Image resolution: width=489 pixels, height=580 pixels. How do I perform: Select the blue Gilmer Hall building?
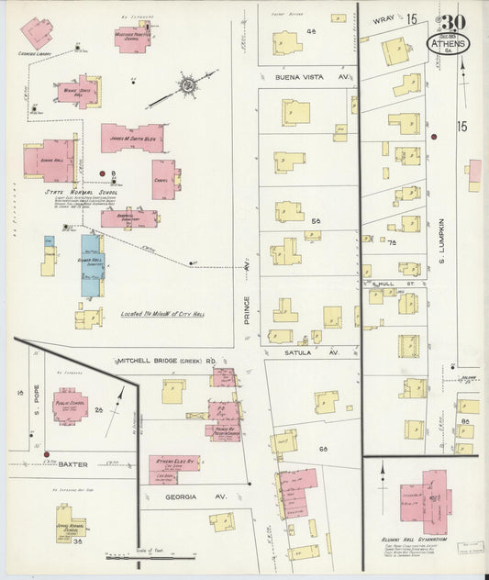pyautogui.click(x=91, y=264)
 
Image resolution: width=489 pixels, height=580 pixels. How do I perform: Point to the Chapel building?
pyautogui.click(x=164, y=180)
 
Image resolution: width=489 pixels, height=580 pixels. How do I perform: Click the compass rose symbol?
pyautogui.click(x=186, y=86)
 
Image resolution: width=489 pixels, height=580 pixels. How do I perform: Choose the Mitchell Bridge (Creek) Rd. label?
pyautogui.click(x=173, y=361)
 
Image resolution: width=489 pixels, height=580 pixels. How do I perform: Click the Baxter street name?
pyautogui.click(x=73, y=464)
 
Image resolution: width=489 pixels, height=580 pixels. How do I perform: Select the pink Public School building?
pyautogui.click(x=69, y=406)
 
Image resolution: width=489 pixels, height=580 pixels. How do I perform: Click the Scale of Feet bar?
pyautogui.click(x=138, y=555)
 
